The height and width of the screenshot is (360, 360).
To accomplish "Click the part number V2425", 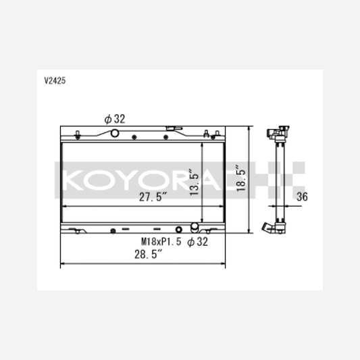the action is click(55, 80).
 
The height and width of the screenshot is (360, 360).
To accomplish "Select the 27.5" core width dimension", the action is click(153, 197).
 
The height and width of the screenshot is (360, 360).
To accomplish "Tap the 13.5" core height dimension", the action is click(195, 182).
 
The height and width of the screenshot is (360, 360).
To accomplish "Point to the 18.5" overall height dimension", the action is click(241, 178).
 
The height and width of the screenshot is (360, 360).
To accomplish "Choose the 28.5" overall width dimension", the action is click(149, 254).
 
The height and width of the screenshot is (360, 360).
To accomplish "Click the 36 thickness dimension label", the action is click(302, 197).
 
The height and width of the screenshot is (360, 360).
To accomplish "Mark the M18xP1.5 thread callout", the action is click(161, 242).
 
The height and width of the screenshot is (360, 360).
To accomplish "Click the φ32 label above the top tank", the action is click(115, 119).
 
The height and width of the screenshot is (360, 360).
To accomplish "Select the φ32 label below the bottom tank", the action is click(197, 242).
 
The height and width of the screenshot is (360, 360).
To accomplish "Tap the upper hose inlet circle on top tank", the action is click(115, 133).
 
